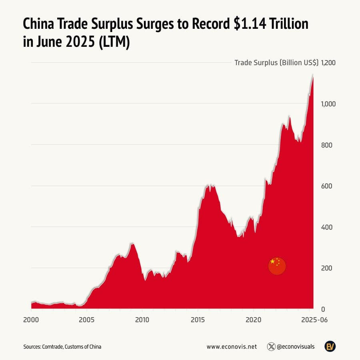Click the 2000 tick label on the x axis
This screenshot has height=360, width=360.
click(31, 320)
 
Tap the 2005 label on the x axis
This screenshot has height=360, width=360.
click(87, 320)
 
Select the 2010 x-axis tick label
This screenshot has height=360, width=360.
click(142, 320)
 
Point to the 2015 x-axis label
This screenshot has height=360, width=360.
click(198, 320)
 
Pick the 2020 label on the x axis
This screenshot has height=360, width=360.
click(254, 320)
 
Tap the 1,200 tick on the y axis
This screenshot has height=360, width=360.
click(328, 63)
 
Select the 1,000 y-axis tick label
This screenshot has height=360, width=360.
click(328, 104)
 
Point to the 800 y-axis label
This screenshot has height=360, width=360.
click(327, 145)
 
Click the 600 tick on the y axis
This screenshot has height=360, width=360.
click(327, 186)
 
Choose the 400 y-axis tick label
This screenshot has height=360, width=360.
click(327, 227)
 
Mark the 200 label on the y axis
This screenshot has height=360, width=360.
click(327, 268)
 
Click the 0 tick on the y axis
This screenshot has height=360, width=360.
click(323, 309)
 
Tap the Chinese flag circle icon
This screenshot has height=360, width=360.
click(277, 266)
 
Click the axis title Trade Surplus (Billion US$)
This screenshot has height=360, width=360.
click(276, 63)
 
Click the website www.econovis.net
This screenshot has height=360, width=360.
click(232, 347)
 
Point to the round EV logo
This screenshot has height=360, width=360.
click(330, 346)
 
